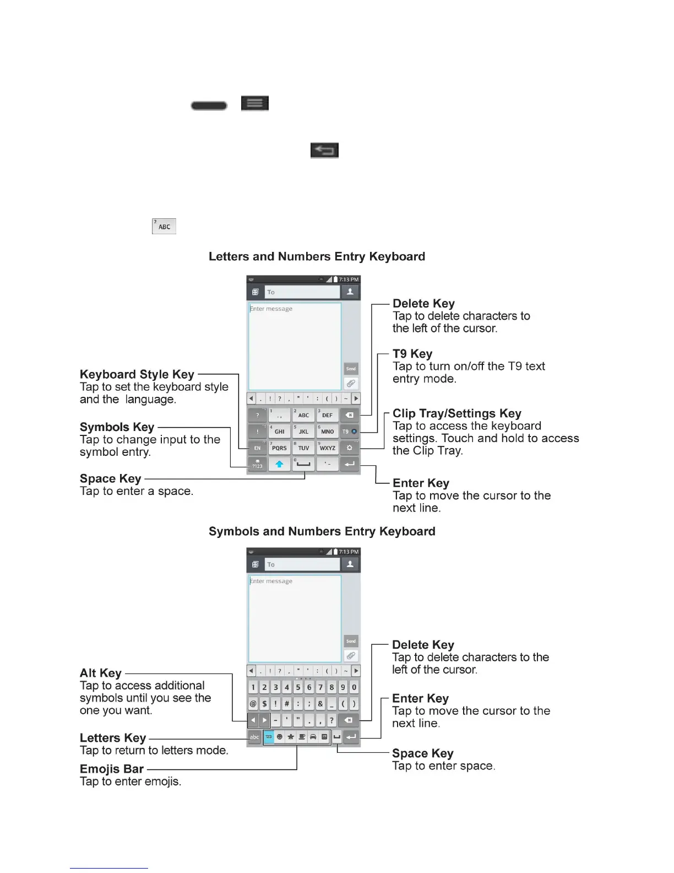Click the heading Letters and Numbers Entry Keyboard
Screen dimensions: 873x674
[317, 257]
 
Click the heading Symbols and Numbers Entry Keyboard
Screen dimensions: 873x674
[322, 532]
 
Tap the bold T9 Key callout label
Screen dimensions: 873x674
[412, 354]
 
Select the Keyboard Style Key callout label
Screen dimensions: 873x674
[137, 375]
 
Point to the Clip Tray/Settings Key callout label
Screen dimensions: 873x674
[456, 414]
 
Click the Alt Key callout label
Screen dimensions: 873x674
[100, 673]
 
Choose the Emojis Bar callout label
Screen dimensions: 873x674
[111, 769]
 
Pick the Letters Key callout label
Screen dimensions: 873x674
[112, 739]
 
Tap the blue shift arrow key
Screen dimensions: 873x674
[280, 465]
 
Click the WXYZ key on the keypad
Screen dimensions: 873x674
[327, 448]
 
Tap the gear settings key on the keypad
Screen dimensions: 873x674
[349, 448]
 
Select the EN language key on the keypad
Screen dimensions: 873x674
[257, 448]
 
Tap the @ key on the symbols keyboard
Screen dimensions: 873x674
[253, 704]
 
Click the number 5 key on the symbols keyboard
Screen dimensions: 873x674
[298, 687]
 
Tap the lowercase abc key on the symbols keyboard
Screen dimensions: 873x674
[254, 737]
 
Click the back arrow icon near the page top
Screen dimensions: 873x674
[324, 150]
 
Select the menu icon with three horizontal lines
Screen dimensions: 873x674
[254, 104]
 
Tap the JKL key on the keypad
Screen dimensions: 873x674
[303, 432]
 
